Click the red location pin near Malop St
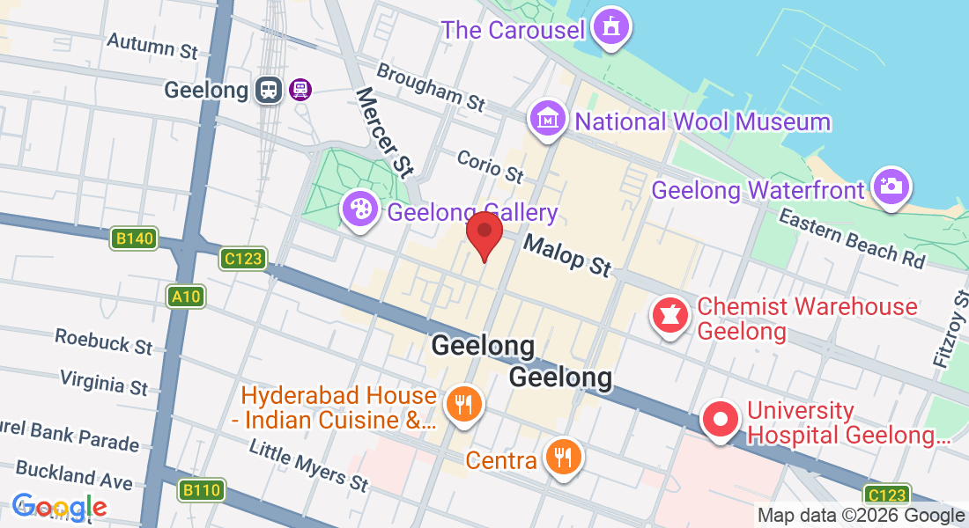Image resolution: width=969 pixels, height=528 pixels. tap(484, 231)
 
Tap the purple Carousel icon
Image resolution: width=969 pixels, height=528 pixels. tap(610, 27)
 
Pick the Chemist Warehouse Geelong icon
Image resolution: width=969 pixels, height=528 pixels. tap(669, 317)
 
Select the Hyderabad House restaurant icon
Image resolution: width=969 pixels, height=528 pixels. tap(462, 406)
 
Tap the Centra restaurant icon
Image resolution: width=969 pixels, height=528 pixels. tap(563, 458)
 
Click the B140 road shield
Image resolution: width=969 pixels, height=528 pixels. tap(134, 238)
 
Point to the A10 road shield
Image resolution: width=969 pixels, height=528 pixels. tap(187, 297)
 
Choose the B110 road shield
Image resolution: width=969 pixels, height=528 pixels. tap(202, 490)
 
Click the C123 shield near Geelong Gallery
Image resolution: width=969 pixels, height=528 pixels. tap(243, 258)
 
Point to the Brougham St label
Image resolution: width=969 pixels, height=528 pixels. tap(431, 86)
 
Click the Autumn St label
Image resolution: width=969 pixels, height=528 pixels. tap(152, 46)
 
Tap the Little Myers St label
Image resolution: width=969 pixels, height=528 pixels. tap(308, 465)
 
